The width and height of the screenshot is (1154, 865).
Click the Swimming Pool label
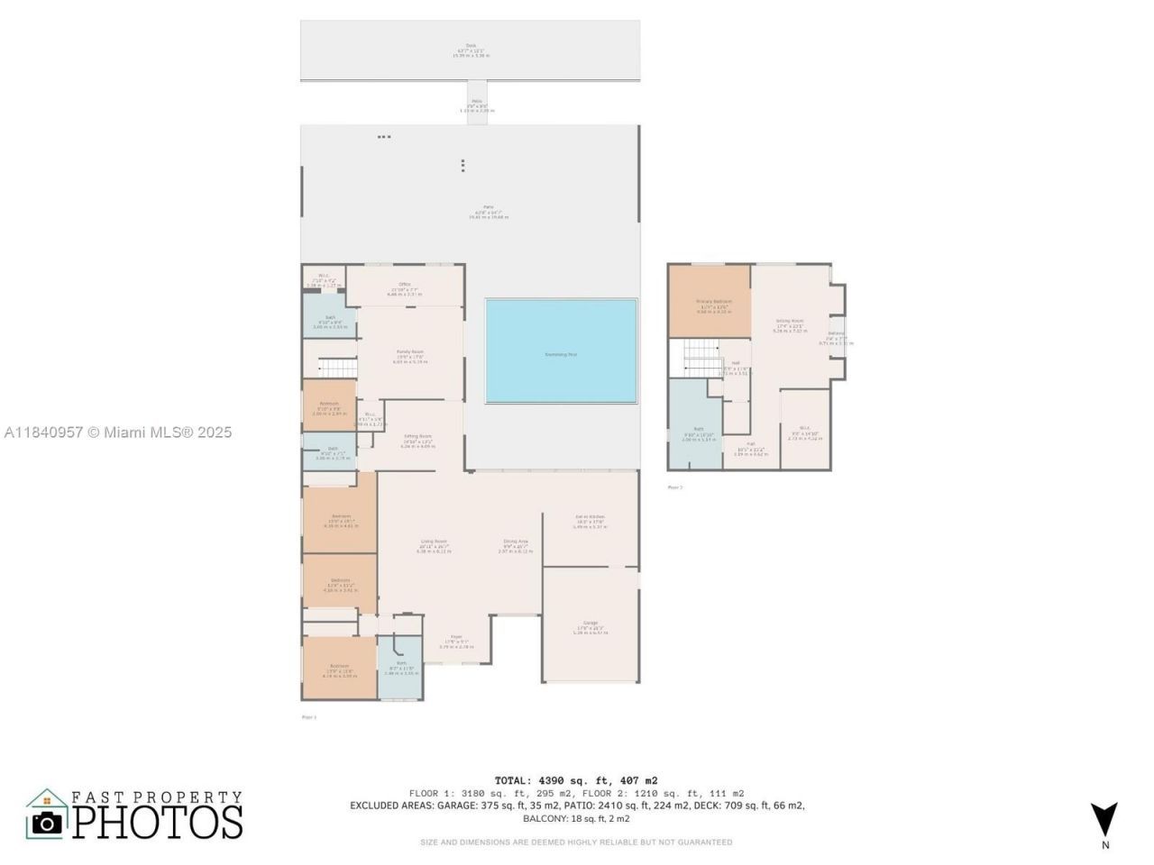pos(561,354)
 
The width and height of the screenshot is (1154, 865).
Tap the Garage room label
pos(591,623)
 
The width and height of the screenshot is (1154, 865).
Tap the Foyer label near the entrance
pos(456,636)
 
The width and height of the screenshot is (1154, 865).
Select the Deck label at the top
pos(470,45)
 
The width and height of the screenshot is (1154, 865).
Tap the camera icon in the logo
pos(46,821)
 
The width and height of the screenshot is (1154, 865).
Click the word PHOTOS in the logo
pos(158,822)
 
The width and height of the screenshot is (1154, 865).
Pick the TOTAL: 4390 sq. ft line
pos(576,780)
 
